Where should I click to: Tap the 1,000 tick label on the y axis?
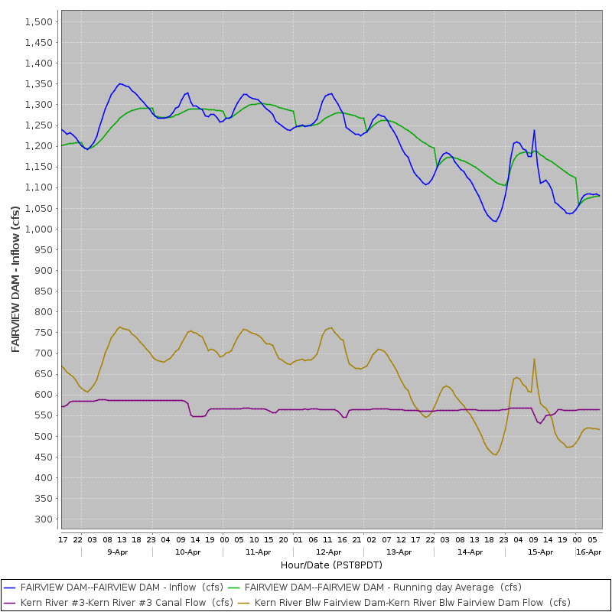39,229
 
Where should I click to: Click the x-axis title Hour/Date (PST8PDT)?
331,565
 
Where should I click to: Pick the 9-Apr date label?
118,552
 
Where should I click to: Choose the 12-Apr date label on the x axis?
328,552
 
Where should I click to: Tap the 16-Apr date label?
589,552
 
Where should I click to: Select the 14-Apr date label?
470,552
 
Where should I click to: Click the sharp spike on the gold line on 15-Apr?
534,359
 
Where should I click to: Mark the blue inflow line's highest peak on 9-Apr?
119,83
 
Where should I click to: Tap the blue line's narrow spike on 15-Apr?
534,130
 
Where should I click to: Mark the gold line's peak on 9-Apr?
119,327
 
